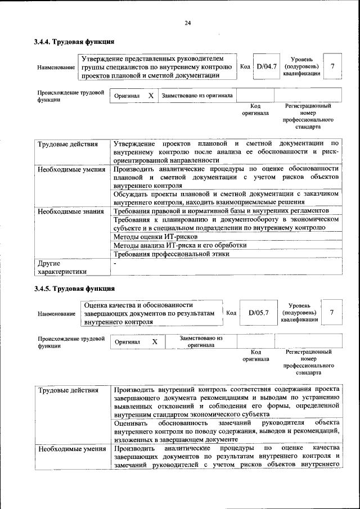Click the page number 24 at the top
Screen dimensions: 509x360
[187, 23]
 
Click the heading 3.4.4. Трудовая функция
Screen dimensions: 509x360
[74, 42]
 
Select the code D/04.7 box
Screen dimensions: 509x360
[266, 66]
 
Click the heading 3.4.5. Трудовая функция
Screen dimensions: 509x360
[74, 289]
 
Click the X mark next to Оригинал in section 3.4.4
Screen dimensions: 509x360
[151, 96]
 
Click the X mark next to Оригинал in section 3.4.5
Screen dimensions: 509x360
[154, 341]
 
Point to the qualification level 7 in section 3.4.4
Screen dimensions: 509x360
[333, 66]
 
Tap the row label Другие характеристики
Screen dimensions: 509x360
[62, 267]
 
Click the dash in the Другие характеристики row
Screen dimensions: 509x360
[115, 263]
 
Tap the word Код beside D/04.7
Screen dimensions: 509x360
[245, 66]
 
